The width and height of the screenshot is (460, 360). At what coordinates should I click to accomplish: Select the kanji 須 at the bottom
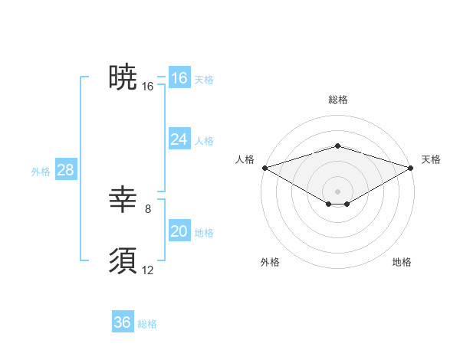(123, 260)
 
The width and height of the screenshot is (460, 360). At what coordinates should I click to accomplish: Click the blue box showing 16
(179, 78)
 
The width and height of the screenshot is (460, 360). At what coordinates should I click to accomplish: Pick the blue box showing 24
(179, 139)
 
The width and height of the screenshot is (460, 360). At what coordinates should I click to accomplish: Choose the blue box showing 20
(179, 231)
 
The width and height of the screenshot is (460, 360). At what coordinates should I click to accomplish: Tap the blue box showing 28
(65, 170)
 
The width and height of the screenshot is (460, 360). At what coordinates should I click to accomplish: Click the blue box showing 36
(123, 322)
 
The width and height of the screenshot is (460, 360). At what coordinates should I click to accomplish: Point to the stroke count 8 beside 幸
(148, 208)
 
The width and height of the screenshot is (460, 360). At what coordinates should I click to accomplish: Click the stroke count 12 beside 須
(148, 270)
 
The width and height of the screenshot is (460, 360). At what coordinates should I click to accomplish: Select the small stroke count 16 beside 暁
(148, 87)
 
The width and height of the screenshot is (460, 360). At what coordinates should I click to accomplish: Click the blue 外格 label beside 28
(41, 172)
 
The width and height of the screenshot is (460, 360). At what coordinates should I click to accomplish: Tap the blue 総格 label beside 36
(147, 324)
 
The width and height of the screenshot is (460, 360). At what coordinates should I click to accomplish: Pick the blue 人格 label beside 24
(204, 141)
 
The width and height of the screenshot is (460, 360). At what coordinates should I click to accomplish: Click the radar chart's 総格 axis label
(337, 100)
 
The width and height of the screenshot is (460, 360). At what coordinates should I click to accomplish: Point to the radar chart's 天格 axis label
(431, 159)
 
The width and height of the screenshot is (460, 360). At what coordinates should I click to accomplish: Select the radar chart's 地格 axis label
(402, 262)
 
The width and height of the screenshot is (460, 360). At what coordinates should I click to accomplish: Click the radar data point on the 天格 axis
(411, 167)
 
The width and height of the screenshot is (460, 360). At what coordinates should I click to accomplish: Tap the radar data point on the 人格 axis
(264, 167)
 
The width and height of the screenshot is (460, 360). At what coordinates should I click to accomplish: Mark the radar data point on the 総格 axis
(337, 146)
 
